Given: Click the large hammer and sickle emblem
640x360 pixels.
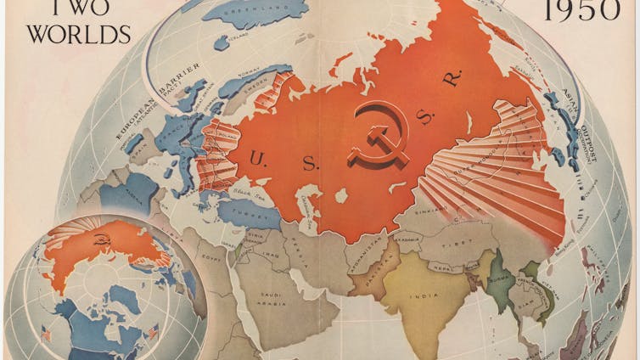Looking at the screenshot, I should pos(377,137).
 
